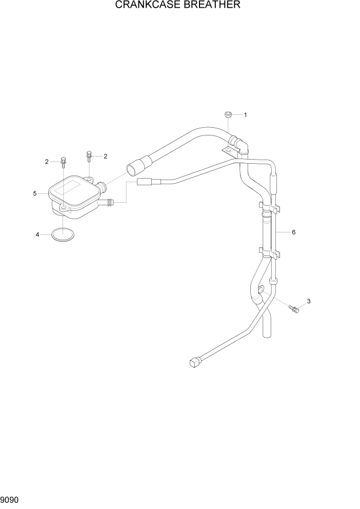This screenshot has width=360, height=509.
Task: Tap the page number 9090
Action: tap(10, 498)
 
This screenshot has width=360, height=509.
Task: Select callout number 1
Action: tap(245, 115)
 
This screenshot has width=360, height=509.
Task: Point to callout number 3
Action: tap(309, 301)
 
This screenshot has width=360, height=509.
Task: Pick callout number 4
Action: tap(37, 235)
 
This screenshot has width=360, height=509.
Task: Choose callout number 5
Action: tap(35, 193)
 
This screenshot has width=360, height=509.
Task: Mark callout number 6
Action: tap(293, 232)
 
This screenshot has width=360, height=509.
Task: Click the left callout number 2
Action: tap(46, 162)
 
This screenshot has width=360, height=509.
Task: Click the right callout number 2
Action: tap(106, 156)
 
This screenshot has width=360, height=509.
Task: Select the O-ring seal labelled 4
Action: tap(63, 235)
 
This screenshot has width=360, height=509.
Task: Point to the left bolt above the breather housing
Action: tap(64, 161)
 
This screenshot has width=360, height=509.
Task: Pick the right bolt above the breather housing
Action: tap(89, 154)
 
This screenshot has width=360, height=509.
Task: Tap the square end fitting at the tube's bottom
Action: tap(194, 363)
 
